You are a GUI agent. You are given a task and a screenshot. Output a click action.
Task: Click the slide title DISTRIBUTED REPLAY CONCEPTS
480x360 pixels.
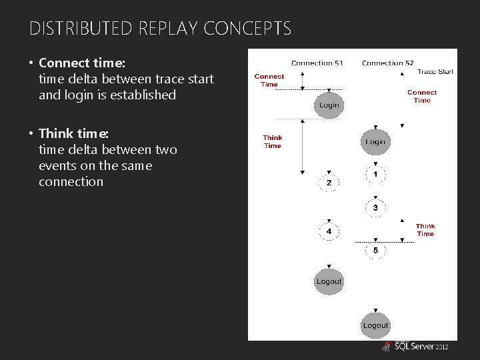click(x=160, y=29)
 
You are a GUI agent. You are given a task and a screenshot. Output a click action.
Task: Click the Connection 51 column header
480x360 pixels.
click(x=317, y=63)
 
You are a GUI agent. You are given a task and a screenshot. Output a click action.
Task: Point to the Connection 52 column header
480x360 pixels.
click(x=387, y=63)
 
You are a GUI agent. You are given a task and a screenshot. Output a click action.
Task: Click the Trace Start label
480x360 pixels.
click(x=435, y=71)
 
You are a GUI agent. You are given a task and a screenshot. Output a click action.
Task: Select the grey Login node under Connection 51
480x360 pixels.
click(x=329, y=105)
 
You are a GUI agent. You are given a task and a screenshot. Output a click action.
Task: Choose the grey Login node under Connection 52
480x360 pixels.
click(x=375, y=142)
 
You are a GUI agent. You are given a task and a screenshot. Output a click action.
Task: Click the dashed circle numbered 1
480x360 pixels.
click(x=375, y=175)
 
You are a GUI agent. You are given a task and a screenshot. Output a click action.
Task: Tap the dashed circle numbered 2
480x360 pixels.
click(x=329, y=183)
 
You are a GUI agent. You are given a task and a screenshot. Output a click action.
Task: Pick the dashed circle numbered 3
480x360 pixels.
click(x=375, y=208)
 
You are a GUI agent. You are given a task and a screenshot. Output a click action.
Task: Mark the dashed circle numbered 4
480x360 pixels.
click(x=329, y=231)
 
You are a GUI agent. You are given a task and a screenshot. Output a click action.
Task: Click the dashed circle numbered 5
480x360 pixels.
click(x=375, y=250)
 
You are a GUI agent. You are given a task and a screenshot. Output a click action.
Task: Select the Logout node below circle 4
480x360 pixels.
click(x=329, y=281)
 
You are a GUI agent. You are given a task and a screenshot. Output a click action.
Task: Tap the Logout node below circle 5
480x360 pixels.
click(x=375, y=325)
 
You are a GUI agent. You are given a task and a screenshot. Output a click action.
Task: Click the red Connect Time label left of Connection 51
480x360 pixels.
click(x=269, y=81)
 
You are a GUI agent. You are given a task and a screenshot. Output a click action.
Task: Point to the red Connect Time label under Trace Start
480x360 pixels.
click(x=422, y=97)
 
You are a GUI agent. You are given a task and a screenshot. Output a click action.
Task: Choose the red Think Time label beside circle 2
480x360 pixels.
click(x=272, y=142)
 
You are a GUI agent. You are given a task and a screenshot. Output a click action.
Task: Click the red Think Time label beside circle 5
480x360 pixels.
click(x=425, y=230)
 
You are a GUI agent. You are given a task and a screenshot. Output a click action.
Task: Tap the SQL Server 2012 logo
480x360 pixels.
click(x=415, y=346)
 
